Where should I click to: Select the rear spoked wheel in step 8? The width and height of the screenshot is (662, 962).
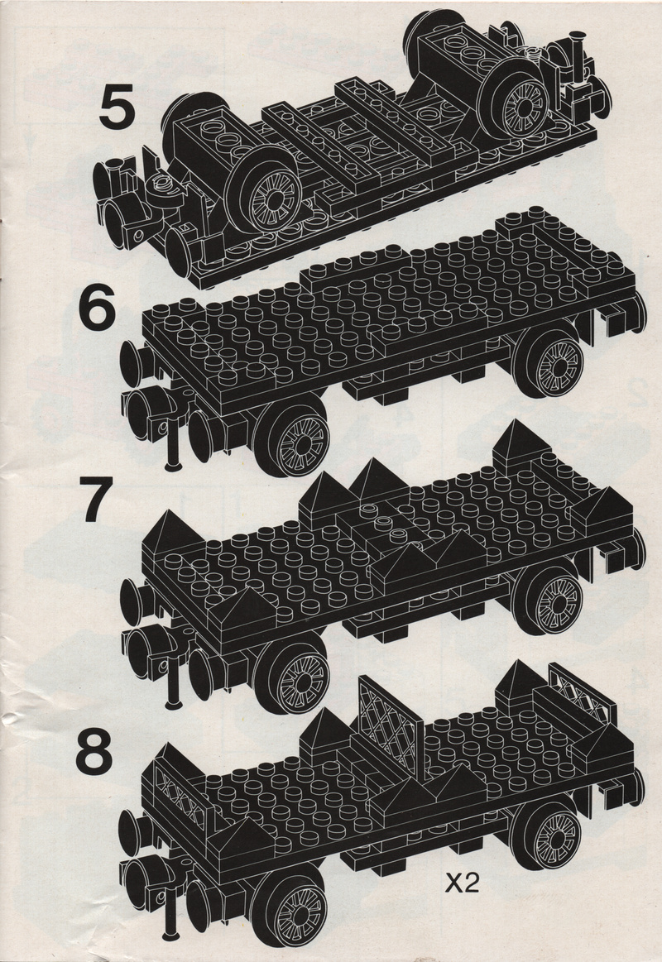click(x=549, y=835)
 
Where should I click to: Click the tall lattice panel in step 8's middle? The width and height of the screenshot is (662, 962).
click(x=391, y=724)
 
